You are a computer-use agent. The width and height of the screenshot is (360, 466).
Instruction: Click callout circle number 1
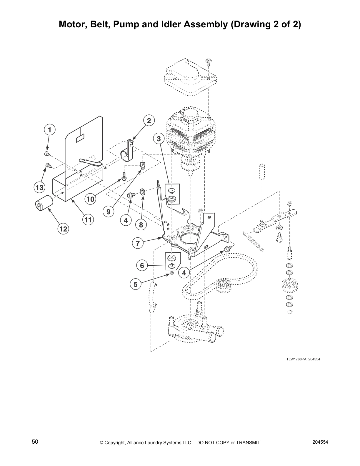pyautogui.click(x=50, y=129)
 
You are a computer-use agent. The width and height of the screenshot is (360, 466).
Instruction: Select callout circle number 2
pyautogui.click(x=149, y=120)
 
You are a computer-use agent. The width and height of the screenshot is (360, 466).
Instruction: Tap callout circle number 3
pyautogui.click(x=159, y=139)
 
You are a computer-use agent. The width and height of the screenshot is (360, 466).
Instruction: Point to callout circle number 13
pyautogui.click(x=39, y=187)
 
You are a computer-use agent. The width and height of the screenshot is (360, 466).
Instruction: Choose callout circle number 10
pyautogui.click(x=90, y=199)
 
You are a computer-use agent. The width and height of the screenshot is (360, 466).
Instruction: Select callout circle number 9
pyautogui.click(x=109, y=211)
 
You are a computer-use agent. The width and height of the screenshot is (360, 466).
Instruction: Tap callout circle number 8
pyautogui.click(x=141, y=225)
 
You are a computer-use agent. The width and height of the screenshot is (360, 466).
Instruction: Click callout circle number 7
pyautogui.click(x=137, y=243)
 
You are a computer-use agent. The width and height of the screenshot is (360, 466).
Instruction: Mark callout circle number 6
pyautogui.click(x=142, y=266)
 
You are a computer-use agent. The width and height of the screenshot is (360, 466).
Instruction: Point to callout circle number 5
pyautogui.click(x=136, y=284)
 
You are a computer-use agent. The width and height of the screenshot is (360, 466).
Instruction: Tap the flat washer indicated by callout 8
pyautogui.click(x=143, y=192)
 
